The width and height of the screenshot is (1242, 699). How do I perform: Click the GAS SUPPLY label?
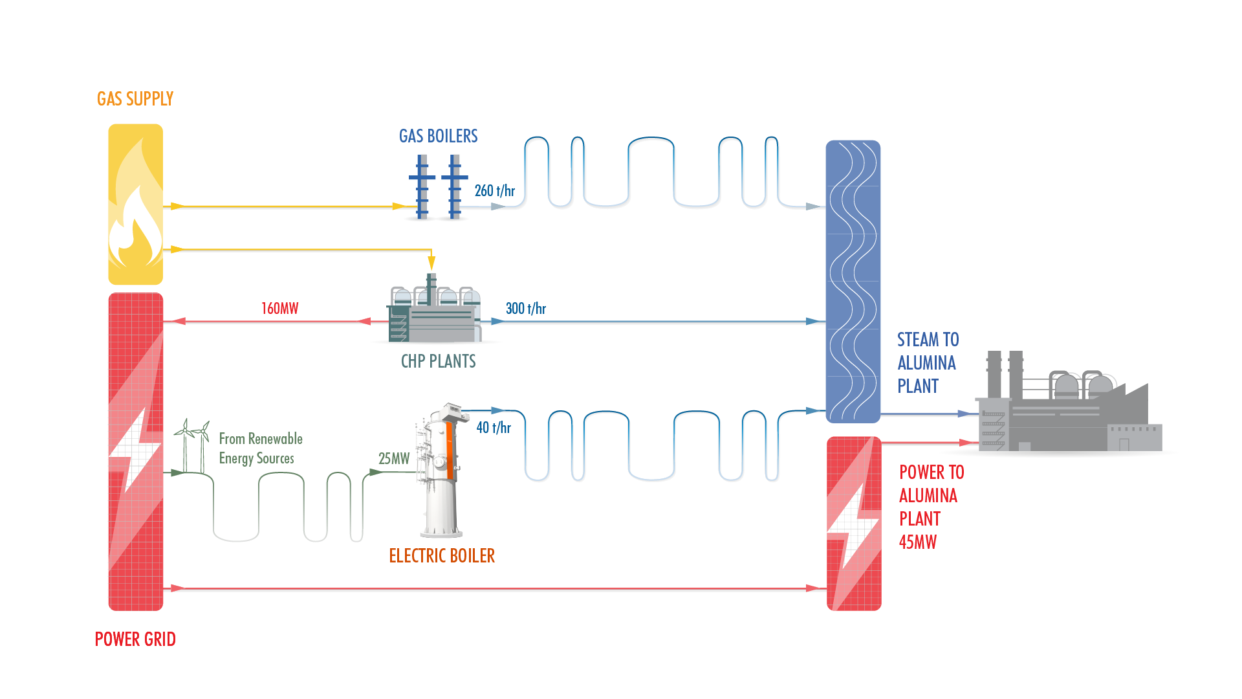135,99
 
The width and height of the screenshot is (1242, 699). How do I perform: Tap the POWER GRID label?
135,639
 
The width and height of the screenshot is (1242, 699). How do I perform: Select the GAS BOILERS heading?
438,137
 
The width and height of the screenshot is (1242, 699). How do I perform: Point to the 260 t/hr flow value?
494,191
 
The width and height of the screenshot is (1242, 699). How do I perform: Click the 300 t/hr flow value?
525,309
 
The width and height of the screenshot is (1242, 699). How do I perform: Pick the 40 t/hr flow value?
493,428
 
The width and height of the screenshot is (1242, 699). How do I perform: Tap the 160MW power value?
279,309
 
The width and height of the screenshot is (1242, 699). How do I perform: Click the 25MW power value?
393,459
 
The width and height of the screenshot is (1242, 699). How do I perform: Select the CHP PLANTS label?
438,361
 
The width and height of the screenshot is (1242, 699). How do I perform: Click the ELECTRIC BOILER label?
442,556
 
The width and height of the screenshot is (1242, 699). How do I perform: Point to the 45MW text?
917,542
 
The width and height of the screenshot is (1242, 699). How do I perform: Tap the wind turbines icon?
192,443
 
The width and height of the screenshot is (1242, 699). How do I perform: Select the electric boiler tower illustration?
442,472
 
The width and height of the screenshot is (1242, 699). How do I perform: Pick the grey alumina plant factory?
1067,408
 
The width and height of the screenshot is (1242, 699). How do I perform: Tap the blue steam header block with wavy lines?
853,282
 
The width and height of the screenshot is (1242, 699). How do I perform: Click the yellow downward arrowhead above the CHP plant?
431,263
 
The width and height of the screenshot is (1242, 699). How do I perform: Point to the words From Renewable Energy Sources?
260,449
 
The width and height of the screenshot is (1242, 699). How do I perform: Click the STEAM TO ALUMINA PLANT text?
927,363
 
